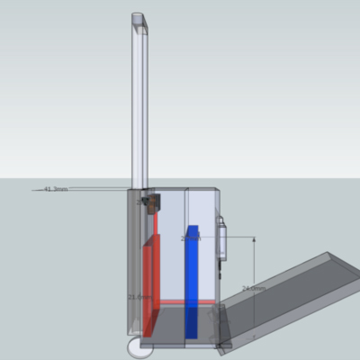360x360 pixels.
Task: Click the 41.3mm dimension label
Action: click(x=55, y=190)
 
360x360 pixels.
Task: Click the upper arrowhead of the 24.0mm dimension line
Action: click(x=256, y=239)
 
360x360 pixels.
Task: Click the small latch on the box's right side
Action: click(x=221, y=241)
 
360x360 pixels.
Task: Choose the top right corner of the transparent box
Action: click(x=218, y=189)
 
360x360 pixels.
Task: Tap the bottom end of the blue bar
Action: click(x=191, y=334)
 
